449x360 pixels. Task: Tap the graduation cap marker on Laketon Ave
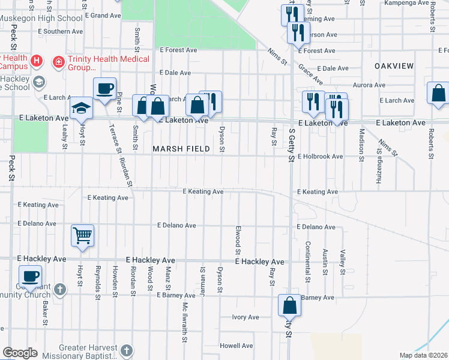tap(80, 108)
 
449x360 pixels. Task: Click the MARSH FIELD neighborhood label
tap(181, 148)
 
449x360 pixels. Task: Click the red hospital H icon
tap(37, 61)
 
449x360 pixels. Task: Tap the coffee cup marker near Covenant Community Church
tap(29, 277)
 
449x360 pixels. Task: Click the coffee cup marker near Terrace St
tap(104, 89)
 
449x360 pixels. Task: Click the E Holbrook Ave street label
tap(320, 156)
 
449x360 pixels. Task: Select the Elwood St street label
tap(238, 239)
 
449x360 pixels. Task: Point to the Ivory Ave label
tap(246, 317)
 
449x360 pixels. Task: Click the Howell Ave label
tap(236, 346)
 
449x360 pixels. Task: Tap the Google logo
tap(20, 352)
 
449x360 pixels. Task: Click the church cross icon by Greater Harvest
tap(126, 350)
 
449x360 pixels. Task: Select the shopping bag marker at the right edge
tap(438, 94)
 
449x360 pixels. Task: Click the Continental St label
tap(307, 262)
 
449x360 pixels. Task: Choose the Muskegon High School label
tap(41, 18)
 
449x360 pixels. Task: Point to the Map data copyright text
tap(423, 355)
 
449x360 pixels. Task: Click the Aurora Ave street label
tap(369, 85)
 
